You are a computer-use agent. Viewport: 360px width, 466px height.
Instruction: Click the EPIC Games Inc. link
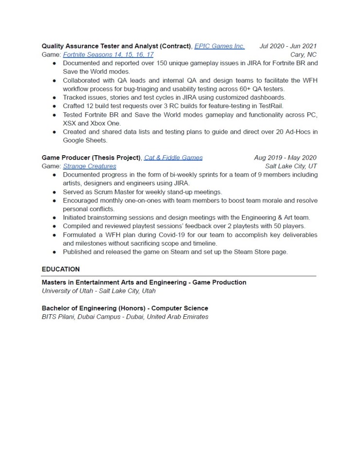coord(219,46)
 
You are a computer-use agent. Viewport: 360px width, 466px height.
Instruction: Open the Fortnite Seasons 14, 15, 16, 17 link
coord(108,54)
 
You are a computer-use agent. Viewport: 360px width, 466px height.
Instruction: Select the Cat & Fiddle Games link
coord(173,158)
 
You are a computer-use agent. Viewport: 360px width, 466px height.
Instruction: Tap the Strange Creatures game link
coord(90,166)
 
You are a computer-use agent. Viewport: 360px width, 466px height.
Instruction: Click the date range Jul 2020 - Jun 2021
coord(288,46)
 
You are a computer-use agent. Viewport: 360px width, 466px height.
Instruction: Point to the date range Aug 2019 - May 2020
coord(285,158)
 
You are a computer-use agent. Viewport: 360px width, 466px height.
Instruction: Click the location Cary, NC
coord(303,54)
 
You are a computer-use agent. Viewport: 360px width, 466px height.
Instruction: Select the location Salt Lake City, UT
coord(291,166)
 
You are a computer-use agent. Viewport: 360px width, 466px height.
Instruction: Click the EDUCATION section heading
coord(61,269)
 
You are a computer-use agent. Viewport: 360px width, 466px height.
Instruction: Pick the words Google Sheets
coord(85,140)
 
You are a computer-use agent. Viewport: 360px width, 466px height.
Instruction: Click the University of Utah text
coord(68,291)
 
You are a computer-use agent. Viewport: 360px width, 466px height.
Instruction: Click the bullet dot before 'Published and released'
coord(54,252)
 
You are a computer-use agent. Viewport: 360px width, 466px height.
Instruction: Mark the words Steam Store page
coord(265,252)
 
